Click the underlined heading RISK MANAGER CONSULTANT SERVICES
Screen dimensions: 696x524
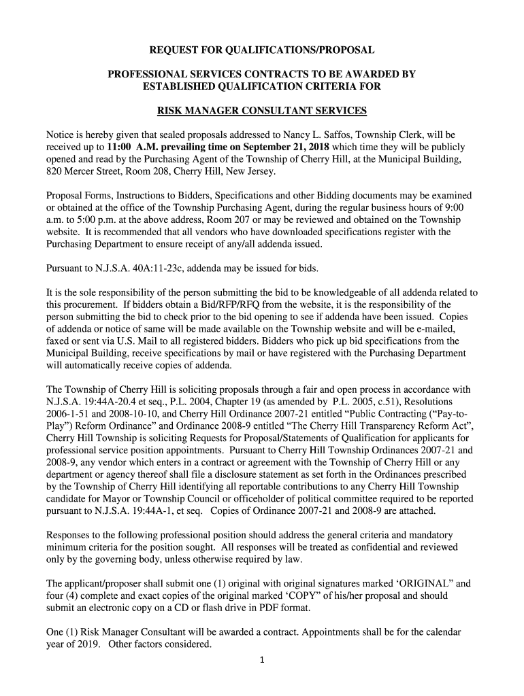click(x=262, y=111)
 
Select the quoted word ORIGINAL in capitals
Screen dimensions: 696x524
click(x=414, y=584)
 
